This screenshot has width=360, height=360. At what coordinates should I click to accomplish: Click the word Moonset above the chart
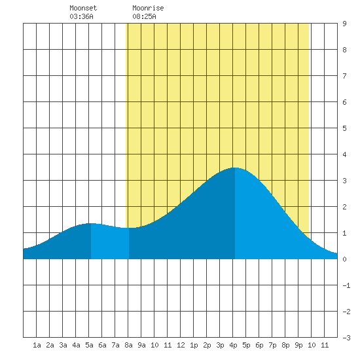[x=83, y=8]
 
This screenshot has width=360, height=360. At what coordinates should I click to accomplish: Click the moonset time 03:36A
[x=81, y=16]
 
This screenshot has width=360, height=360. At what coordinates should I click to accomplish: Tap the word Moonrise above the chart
[x=148, y=8]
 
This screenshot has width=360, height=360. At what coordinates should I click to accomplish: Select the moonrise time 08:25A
[x=144, y=16]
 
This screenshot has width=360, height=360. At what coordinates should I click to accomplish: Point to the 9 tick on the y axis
[x=344, y=24]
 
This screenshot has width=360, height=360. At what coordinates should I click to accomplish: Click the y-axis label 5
[x=344, y=128]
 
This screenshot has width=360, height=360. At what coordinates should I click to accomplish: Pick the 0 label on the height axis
[x=344, y=259]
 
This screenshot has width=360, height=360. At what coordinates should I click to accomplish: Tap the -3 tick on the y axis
[x=346, y=338]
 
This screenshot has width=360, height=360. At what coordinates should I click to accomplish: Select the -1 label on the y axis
[x=346, y=285]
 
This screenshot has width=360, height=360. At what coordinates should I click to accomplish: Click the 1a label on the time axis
[x=37, y=345]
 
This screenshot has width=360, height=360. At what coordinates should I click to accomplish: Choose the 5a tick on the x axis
[x=89, y=345]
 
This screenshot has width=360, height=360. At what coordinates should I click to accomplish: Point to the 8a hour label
[x=128, y=345]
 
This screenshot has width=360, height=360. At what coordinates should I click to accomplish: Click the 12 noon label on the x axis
[x=181, y=345]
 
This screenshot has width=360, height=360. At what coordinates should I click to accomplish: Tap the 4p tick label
[x=233, y=345]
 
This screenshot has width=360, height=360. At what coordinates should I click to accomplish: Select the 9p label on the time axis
[x=298, y=345]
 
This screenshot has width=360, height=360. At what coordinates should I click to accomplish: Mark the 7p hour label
[x=272, y=345]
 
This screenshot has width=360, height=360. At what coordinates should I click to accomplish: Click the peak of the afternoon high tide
[x=235, y=168]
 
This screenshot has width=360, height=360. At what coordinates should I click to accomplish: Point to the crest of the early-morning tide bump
[x=91, y=223]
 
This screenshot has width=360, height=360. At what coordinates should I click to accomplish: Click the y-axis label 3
[x=344, y=181]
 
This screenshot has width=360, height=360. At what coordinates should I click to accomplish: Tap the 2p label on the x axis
[x=207, y=345]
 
